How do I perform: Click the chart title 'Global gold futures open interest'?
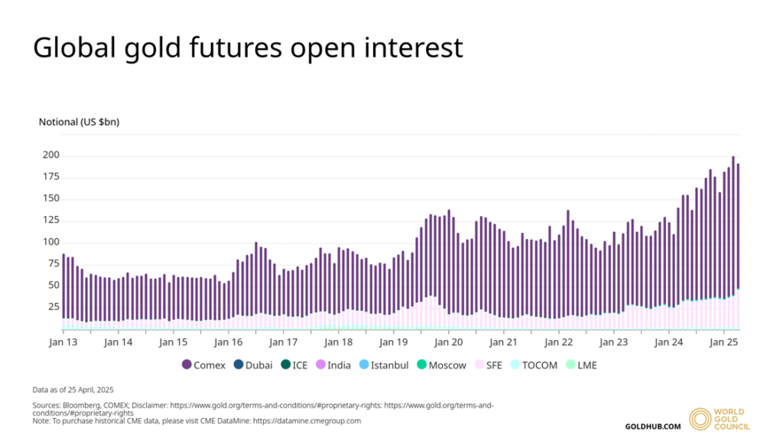coord(248,47)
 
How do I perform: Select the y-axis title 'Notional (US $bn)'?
coord(79,122)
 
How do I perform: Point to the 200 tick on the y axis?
coord(50,155)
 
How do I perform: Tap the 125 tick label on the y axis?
coord(50,220)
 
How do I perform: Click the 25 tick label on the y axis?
coord(52,306)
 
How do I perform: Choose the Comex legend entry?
coord(204,365)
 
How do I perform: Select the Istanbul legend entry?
coord(385,365)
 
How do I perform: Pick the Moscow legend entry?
coord(441,365)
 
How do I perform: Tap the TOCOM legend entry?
coord(533,365)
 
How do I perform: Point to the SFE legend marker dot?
coord(479,365)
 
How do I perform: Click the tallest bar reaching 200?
coord(733,230)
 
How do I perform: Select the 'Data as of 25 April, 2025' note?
coord(73,390)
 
